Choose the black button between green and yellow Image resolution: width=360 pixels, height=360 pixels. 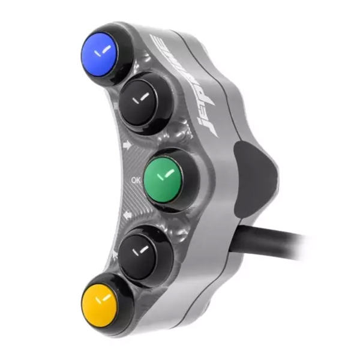[x=142, y=251]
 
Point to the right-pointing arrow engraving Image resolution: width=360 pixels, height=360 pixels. [x=126, y=145]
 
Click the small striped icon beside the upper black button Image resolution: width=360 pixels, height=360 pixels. [x=115, y=107]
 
